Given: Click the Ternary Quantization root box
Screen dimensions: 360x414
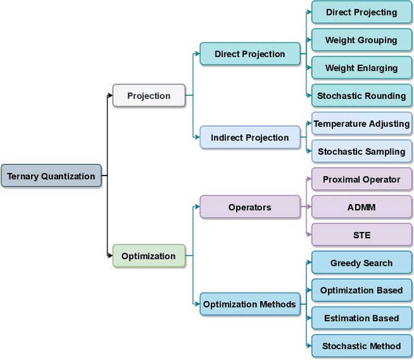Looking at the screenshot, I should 51,176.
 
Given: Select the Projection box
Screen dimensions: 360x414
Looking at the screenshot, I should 149,96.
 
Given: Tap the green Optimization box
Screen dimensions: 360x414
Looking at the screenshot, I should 149,256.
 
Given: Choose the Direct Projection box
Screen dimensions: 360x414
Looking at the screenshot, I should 250,54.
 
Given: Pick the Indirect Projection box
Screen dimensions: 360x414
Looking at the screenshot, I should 250,137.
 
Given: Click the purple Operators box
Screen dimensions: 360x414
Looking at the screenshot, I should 250,207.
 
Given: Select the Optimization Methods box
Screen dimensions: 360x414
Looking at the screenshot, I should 250,304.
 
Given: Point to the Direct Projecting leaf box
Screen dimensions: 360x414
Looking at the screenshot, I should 362,12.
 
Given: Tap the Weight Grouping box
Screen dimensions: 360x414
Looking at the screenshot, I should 362,40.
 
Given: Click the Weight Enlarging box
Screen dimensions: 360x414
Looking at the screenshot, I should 362,68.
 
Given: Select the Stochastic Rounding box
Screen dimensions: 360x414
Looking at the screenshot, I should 362,96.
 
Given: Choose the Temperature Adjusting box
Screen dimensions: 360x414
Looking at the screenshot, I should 362,124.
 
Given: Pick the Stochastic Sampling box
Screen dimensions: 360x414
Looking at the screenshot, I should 362,152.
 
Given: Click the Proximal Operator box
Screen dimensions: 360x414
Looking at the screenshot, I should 362,179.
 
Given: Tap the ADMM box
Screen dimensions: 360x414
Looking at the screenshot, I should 362,207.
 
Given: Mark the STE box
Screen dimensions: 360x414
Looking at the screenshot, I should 362,235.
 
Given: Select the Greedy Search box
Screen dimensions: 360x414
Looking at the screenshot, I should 362,263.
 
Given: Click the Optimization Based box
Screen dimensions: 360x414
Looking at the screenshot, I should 362,290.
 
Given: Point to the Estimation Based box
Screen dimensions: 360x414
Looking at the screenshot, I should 362,318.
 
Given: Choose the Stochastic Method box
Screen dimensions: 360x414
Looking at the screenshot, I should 362,346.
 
